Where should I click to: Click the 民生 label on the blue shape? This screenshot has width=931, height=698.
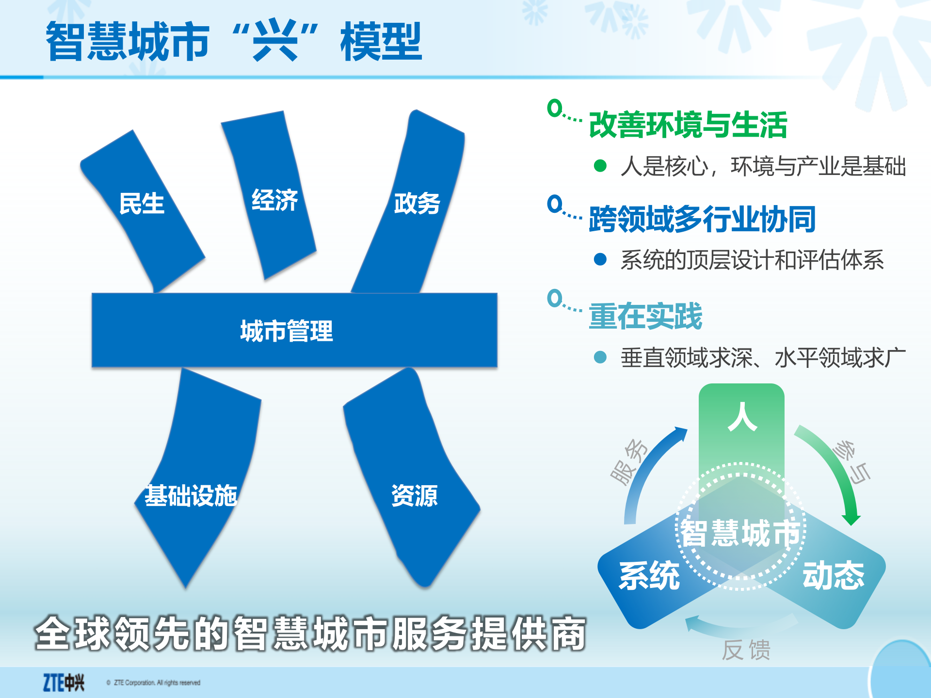[x=142, y=204]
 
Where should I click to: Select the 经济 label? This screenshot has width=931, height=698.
[x=274, y=200]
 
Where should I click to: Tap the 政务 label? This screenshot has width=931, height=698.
[x=417, y=203]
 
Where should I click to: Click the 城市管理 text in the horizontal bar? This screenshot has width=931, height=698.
[x=287, y=331]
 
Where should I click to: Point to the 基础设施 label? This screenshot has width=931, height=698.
[x=191, y=495]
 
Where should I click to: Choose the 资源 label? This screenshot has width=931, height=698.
[x=415, y=495]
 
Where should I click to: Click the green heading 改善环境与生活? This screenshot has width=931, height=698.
[x=688, y=125]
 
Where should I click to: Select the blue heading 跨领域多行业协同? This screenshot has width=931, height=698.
[x=702, y=219]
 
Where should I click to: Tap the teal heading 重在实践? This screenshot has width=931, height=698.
[x=645, y=316]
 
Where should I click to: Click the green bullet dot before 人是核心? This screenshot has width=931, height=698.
[x=600, y=166]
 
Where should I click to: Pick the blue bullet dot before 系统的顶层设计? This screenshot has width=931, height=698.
[x=600, y=260]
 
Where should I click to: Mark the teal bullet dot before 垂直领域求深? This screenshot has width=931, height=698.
[x=600, y=358]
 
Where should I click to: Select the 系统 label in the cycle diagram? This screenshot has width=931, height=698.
[x=649, y=575]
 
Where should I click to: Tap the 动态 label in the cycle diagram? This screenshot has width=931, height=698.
[x=834, y=575]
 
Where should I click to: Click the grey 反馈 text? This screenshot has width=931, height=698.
[x=746, y=650]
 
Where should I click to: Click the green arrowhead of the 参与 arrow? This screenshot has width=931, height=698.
[x=851, y=519]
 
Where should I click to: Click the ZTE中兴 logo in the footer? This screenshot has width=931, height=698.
[x=64, y=682]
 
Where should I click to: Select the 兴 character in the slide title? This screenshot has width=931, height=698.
[x=275, y=41]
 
